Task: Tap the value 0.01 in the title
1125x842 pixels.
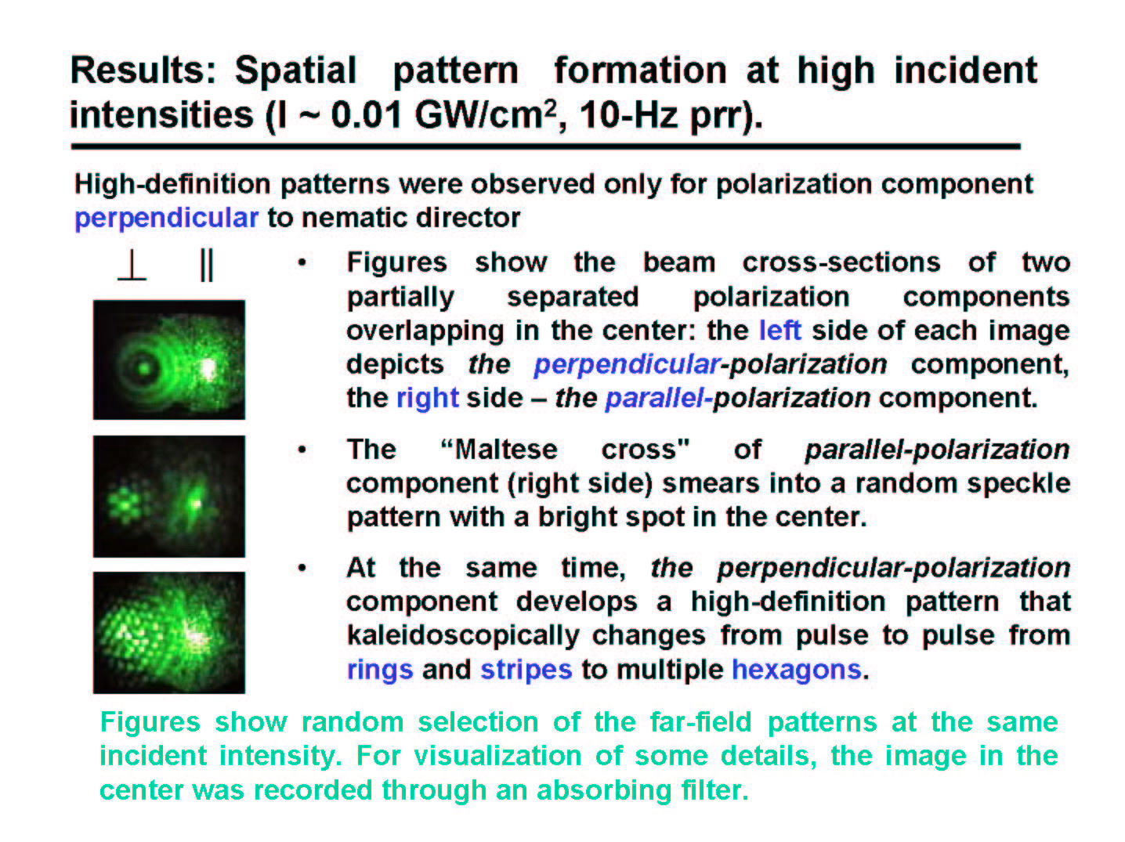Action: [x=367, y=114]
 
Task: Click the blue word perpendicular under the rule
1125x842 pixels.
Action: [x=166, y=219]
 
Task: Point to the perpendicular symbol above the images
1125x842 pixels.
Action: [x=132, y=266]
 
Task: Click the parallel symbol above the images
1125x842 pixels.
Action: [x=206, y=266]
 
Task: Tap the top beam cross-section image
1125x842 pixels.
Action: [x=169, y=360]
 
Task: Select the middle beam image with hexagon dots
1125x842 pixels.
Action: [x=169, y=497]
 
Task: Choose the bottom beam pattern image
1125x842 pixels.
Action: [x=169, y=633]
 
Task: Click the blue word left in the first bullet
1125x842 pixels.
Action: [x=780, y=331]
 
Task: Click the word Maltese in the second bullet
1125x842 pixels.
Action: [x=505, y=450]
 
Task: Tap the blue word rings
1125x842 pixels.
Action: [x=380, y=670]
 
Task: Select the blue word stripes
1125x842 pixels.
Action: [x=526, y=670]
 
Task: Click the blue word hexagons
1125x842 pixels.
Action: [x=797, y=670]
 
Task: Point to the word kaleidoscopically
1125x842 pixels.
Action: [x=463, y=636]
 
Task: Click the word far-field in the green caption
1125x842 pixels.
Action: [x=700, y=722]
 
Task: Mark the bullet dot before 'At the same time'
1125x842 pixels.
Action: [x=302, y=568]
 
